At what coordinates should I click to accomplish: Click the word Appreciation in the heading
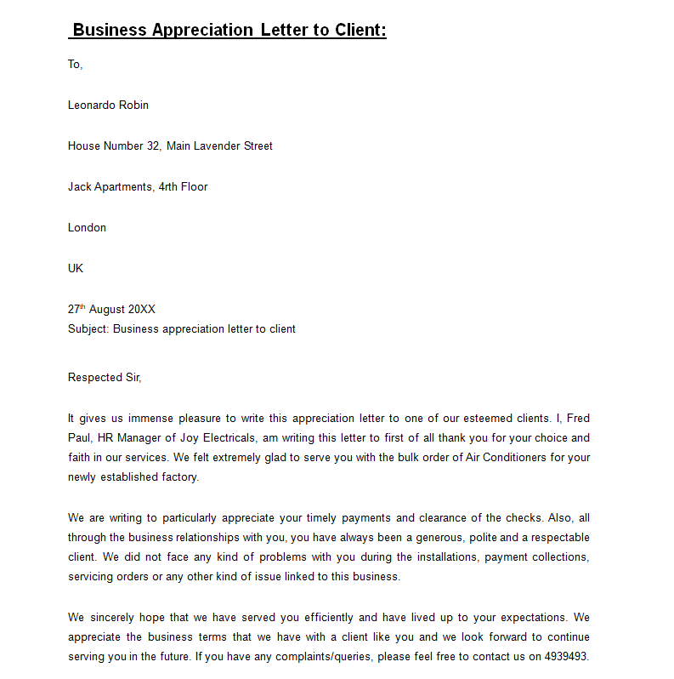pyautogui.click(x=202, y=31)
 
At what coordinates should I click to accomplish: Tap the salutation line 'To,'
pyautogui.click(x=76, y=64)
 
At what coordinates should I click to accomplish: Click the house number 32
pyautogui.click(x=153, y=145)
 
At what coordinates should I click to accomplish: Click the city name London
pyautogui.click(x=87, y=227)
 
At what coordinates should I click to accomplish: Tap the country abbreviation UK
pyautogui.click(x=76, y=268)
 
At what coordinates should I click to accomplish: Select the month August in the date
pyautogui.click(x=107, y=310)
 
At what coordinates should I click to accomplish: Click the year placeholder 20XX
pyautogui.click(x=142, y=310)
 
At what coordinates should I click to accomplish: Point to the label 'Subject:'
pyautogui.click(x=88, y=328)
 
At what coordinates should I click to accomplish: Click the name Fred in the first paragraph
pyautogui.click(x=578, y=419)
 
